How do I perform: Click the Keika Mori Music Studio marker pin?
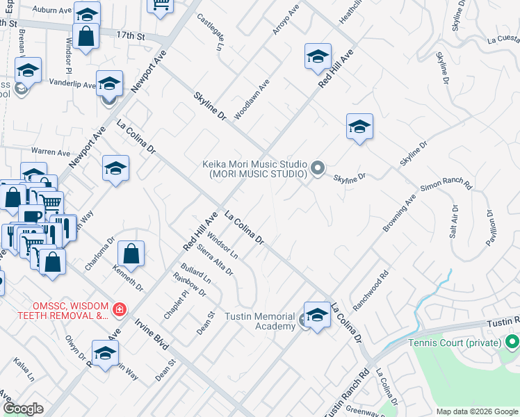tap(318, 168)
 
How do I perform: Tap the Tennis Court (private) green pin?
tap(512, 343)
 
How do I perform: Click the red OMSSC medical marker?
tap(120, 309)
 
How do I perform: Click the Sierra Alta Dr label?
tap(215, 258)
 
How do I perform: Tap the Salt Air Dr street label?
tap(454, 222)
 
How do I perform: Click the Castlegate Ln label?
tap(209, 32)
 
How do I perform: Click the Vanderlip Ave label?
tap(73, 83)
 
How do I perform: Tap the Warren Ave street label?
tap(50, 152)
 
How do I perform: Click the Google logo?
tap(22, 409)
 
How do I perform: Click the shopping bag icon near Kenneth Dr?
tap(131, 253)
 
